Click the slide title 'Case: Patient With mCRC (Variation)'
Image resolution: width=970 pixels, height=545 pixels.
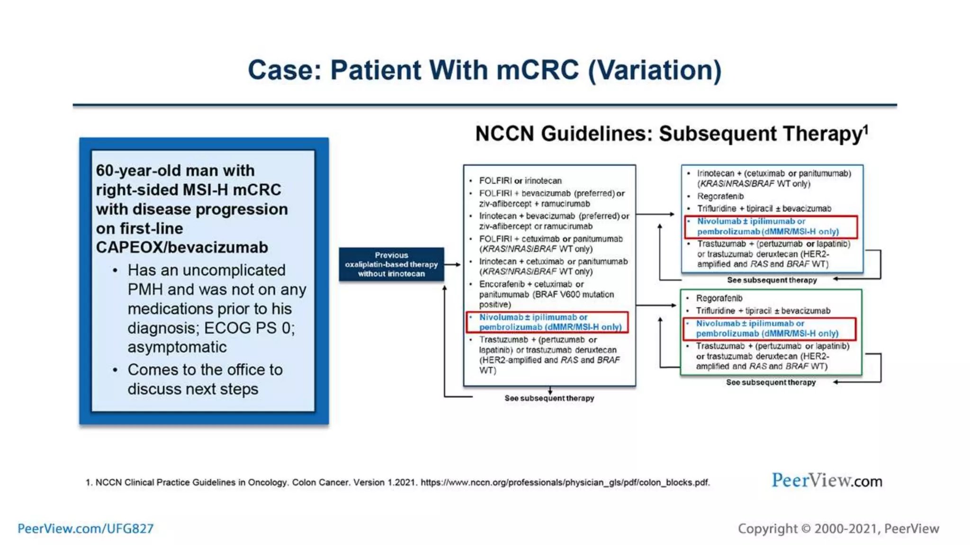pyautogui.click(x=484, y=70)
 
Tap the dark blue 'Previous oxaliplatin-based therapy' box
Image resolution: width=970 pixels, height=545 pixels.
pyautogui.click(x=391, y=264)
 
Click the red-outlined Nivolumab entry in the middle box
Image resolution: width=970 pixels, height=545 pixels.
pyautogui.click(x=548, y=322)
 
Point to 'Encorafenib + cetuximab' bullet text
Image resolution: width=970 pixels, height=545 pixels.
pyautogui.click(x=530, y=284)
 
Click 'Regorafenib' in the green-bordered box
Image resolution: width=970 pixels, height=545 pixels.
pyautogui.click(x=719, y=298)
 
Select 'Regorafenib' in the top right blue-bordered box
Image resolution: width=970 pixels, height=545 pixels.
pyautogui.click(x=720, y=196)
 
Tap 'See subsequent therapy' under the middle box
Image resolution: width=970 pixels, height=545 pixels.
pyautogui.click(x=549, y=398)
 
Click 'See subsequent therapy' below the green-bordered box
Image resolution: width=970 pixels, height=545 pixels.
pyautogui.click(x=771, y=382)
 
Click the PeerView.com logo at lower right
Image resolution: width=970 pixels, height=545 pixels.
pyautogui.click(x=826, y=481)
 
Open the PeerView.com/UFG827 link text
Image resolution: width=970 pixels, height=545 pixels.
pyautogui.click(x=86, y=528)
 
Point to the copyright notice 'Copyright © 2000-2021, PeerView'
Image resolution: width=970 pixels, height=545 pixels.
pyautogui.click(x=838, y=528)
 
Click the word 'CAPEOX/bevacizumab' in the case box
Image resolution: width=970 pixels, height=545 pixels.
pyautogui.click(x=182, y=247)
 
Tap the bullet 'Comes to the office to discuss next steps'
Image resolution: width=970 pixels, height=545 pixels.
pyautogui.click(x=205, y=379)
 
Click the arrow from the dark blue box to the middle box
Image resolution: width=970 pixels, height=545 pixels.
pyautogui.click(x=453, y=264)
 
